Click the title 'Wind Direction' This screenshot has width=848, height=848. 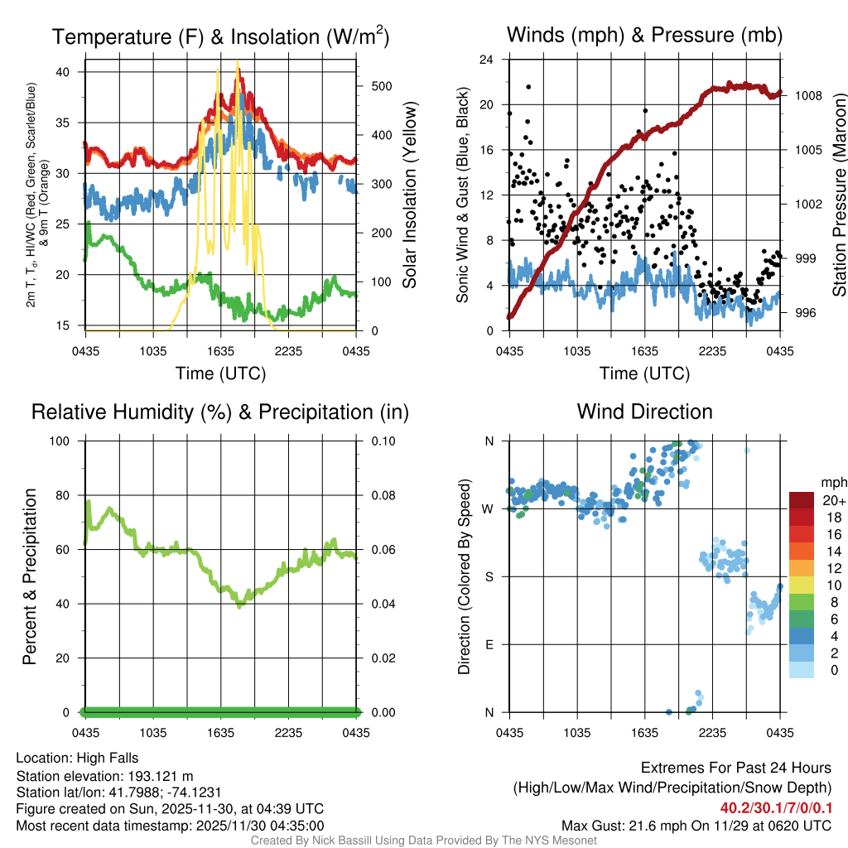pyautogui.click(x=644, y=412)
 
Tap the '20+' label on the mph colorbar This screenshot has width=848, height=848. pyautogui.click(x=833, y=501)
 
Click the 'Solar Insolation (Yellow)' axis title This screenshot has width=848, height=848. pyautogui.click(x=409, y=195)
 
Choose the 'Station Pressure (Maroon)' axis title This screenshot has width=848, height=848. pyautogui.click(x=839, y=195)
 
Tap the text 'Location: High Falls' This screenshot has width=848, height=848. pyautogui.click(x=77, y=758)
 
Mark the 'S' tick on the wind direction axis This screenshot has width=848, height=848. pyautogui.click(x=489, y=576)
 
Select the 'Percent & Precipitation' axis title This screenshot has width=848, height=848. pyautogui.click(x=30, y=576)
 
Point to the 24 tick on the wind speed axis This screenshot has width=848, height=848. pyautogui.click(x=487, y=60)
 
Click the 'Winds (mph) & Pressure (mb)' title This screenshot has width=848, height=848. pyautogui.click(x=644, y=35)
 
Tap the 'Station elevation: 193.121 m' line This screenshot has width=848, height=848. pyautogui.click(x=104, y=776)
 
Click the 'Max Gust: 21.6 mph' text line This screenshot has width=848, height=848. pyautogui.click(x=696, y=826)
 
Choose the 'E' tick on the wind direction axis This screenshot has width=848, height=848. pyautogui.click(x=489, y=644)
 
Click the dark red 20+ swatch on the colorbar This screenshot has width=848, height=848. pyautogui.click(x=802, y=500)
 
